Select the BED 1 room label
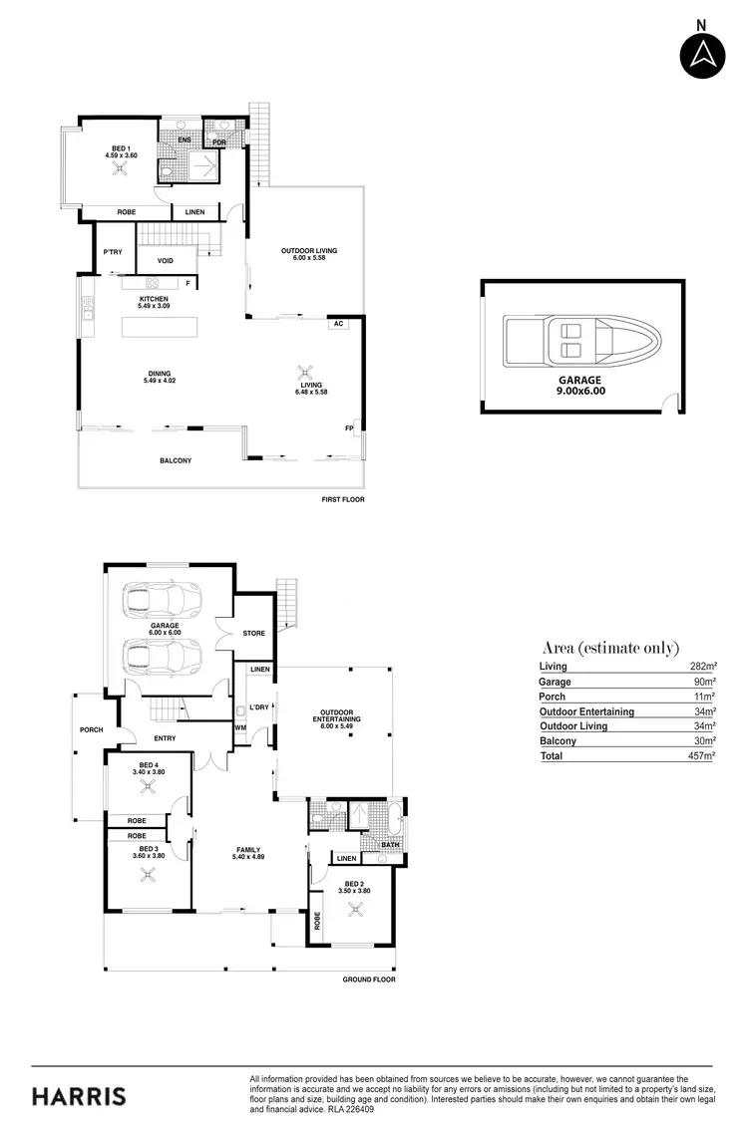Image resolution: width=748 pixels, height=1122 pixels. tap(120, 148)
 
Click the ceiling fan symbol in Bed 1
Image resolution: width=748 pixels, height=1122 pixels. tap(121, 169)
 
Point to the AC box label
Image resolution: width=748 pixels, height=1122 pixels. tap(339, 324)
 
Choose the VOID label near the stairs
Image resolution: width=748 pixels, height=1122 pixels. tap(166, 261)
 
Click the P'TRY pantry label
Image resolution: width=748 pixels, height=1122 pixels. tap(113, 252)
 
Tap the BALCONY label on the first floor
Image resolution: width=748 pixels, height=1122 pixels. tap(176, 460)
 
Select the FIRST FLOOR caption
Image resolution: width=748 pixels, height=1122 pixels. tap(343, 499)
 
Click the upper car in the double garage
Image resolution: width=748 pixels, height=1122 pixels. tap(163, 601)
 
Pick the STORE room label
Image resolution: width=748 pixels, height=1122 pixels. tap(254, 633)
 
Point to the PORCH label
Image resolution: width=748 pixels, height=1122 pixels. tap(91, 729)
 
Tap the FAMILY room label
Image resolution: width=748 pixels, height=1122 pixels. tap(248, 850)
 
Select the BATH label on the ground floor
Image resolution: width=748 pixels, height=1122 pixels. tap(390, 844)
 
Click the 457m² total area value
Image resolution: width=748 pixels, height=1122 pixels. tap(701, 756)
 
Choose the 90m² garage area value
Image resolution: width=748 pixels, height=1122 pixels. tap(704, 682)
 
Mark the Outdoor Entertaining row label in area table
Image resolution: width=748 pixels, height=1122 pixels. tap(586, 711)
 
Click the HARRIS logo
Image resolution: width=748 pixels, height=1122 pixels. tap(79, 1097)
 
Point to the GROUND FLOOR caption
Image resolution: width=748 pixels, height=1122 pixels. tap(369, 980)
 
